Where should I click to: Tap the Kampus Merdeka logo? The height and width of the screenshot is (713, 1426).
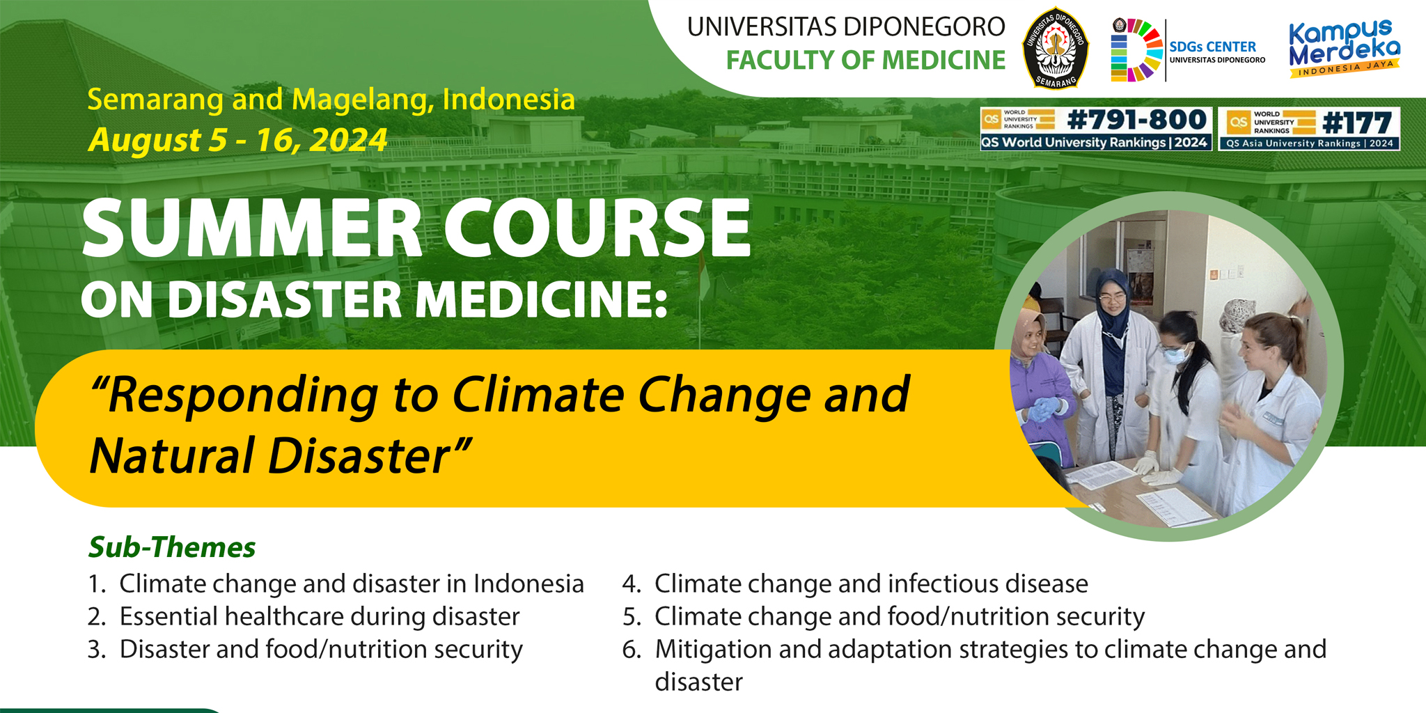[1345, 48]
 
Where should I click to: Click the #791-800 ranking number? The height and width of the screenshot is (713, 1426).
[1137, 120]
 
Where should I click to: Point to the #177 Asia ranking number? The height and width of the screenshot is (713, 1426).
[1357, 123]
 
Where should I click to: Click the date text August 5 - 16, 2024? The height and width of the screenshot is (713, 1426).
[237, 140]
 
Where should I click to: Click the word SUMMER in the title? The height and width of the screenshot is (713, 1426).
[253, 228]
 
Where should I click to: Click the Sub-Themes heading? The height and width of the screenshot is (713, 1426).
[172, 547]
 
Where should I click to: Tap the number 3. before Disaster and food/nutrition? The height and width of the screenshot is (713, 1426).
[97, 649]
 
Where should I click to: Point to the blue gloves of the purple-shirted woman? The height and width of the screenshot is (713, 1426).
[1043, 409]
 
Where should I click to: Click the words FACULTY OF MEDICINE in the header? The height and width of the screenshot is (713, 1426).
[865, 61]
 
